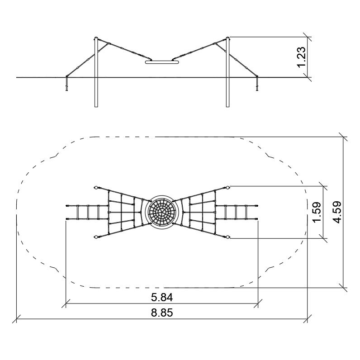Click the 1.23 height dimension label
(x=301, y=57)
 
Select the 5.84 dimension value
(x=162, y=297)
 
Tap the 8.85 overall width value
(x=162, y=313)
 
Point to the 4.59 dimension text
(x=337, y=212)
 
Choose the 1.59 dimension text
(x=317, y=212)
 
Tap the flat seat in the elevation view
(x=162, y=62)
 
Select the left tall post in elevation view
(x=96, y=72)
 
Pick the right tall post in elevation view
(x=227, y=72)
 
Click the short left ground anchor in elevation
(x=67, y=83)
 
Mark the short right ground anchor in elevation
(x=257, y=83)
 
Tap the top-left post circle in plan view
(x=96, y=188)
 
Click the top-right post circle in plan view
(x=228, y=188)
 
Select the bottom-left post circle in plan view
(x=96, y=237)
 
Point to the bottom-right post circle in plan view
(x=228, y=237)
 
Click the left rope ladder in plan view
(x=87, y=212)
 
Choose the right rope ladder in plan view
(x=237, y=212)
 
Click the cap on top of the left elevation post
(x=96, y=38)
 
